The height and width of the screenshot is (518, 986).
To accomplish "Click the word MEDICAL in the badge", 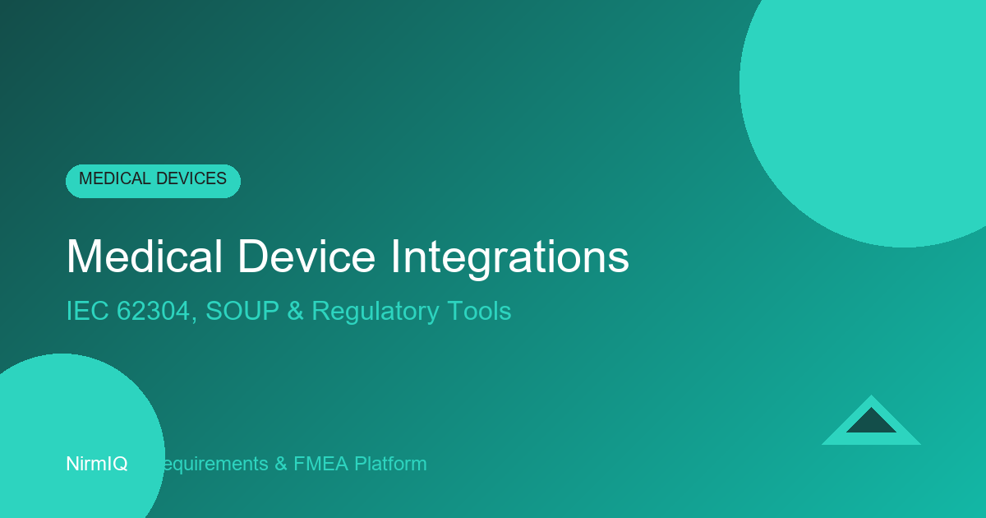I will pyautogui.click(x=113, y=179).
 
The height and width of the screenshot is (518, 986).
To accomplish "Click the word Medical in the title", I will pyautogui.click(x=144, y=257).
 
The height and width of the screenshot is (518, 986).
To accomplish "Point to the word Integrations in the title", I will pyautogui.click(x=509, y=257).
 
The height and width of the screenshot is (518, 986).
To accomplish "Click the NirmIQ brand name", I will pyautogui.click(x=97, y=464).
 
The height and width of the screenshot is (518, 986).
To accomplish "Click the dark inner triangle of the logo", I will pyautogui.click(x=871, y=423).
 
